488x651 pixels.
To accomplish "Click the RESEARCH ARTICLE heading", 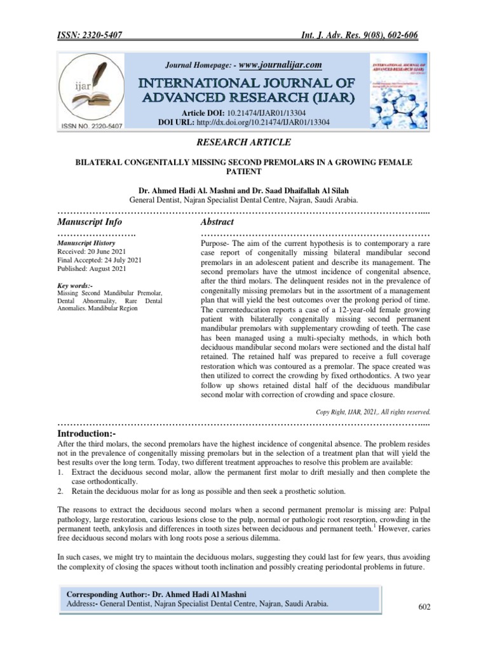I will coord(244,141).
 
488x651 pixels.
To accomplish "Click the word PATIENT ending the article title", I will coord(244,172).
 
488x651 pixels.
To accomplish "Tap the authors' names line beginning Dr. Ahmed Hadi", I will coord(244,189).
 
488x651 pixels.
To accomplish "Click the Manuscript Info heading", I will coord(90,222).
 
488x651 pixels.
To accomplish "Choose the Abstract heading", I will coord(217,222).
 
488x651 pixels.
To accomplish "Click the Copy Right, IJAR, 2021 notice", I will coord(374,411).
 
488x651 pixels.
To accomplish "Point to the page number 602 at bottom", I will coord(424,608).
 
